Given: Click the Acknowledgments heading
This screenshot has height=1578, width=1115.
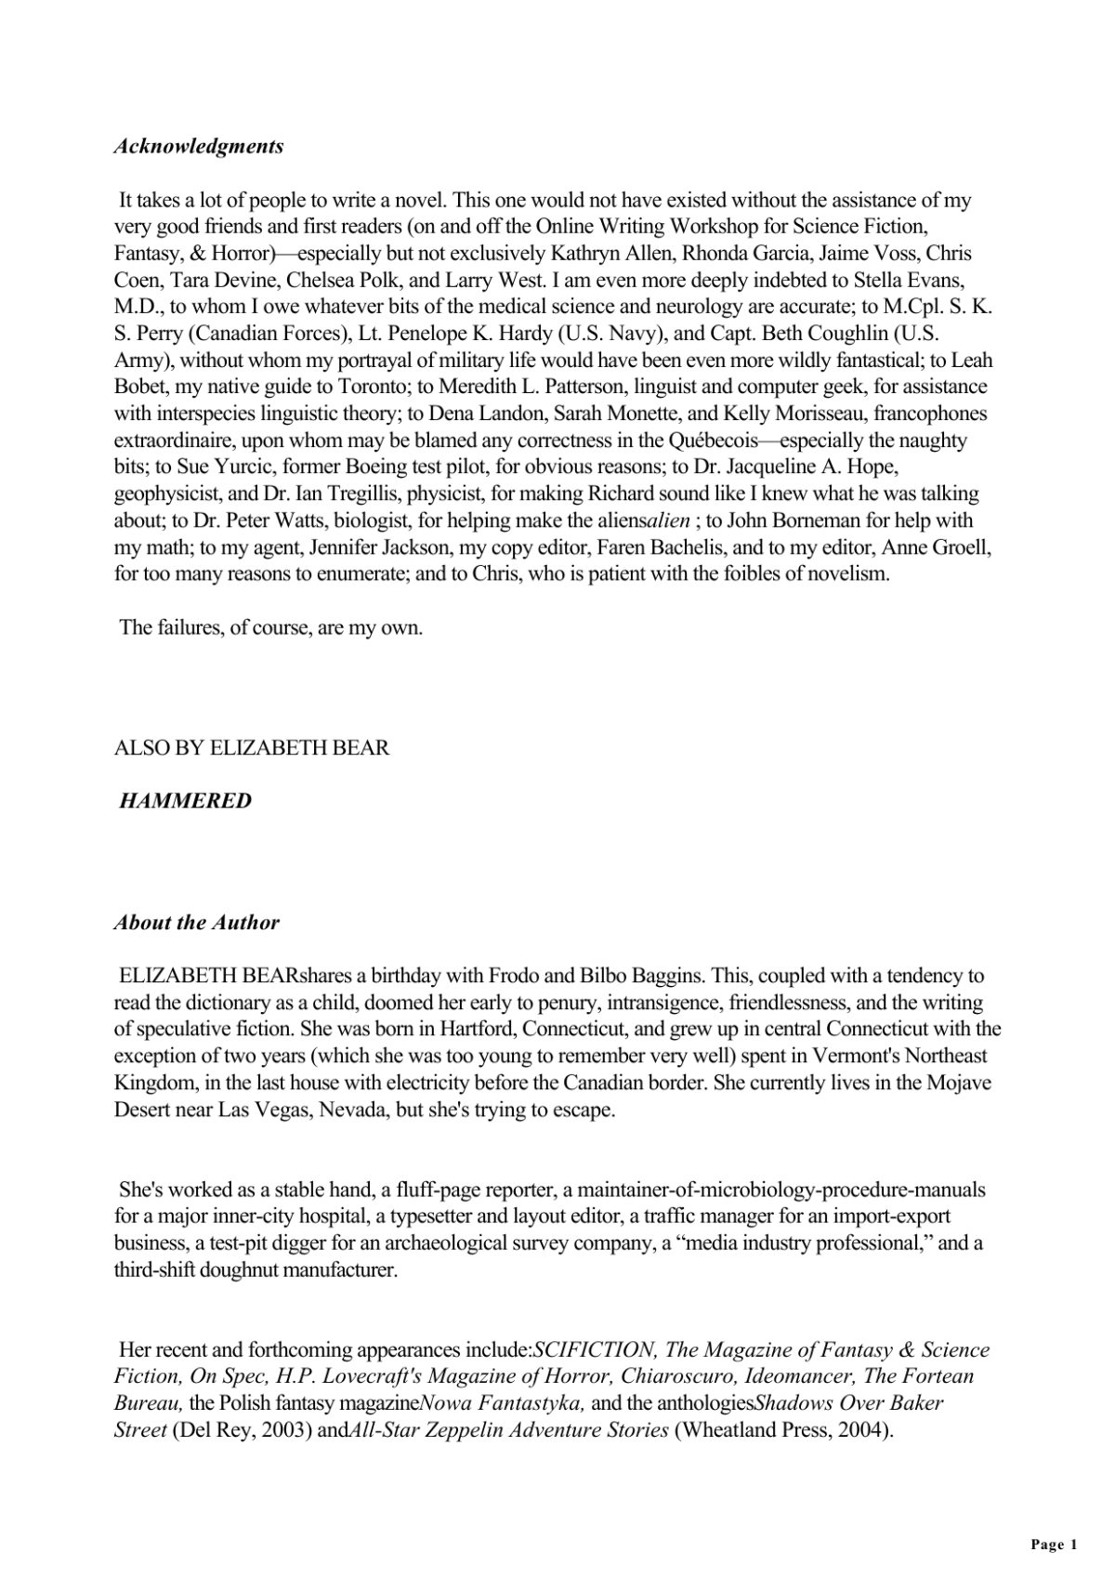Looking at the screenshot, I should tap(199, 146).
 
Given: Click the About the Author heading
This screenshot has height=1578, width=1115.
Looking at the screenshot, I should tap(196, 922).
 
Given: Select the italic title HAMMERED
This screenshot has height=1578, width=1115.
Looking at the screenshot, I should tap(186, 800).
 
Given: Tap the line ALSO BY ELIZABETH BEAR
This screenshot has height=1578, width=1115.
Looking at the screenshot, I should tap(252, 747).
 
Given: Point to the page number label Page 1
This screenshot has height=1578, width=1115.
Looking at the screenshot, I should tap(1054, 1545).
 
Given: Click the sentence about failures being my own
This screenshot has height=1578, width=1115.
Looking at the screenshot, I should tap(270, 627).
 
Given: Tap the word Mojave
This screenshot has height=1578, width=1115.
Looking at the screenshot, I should tap(959, 1083).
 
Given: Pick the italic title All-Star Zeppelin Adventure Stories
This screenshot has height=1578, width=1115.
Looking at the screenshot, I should tap(507, 1429).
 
